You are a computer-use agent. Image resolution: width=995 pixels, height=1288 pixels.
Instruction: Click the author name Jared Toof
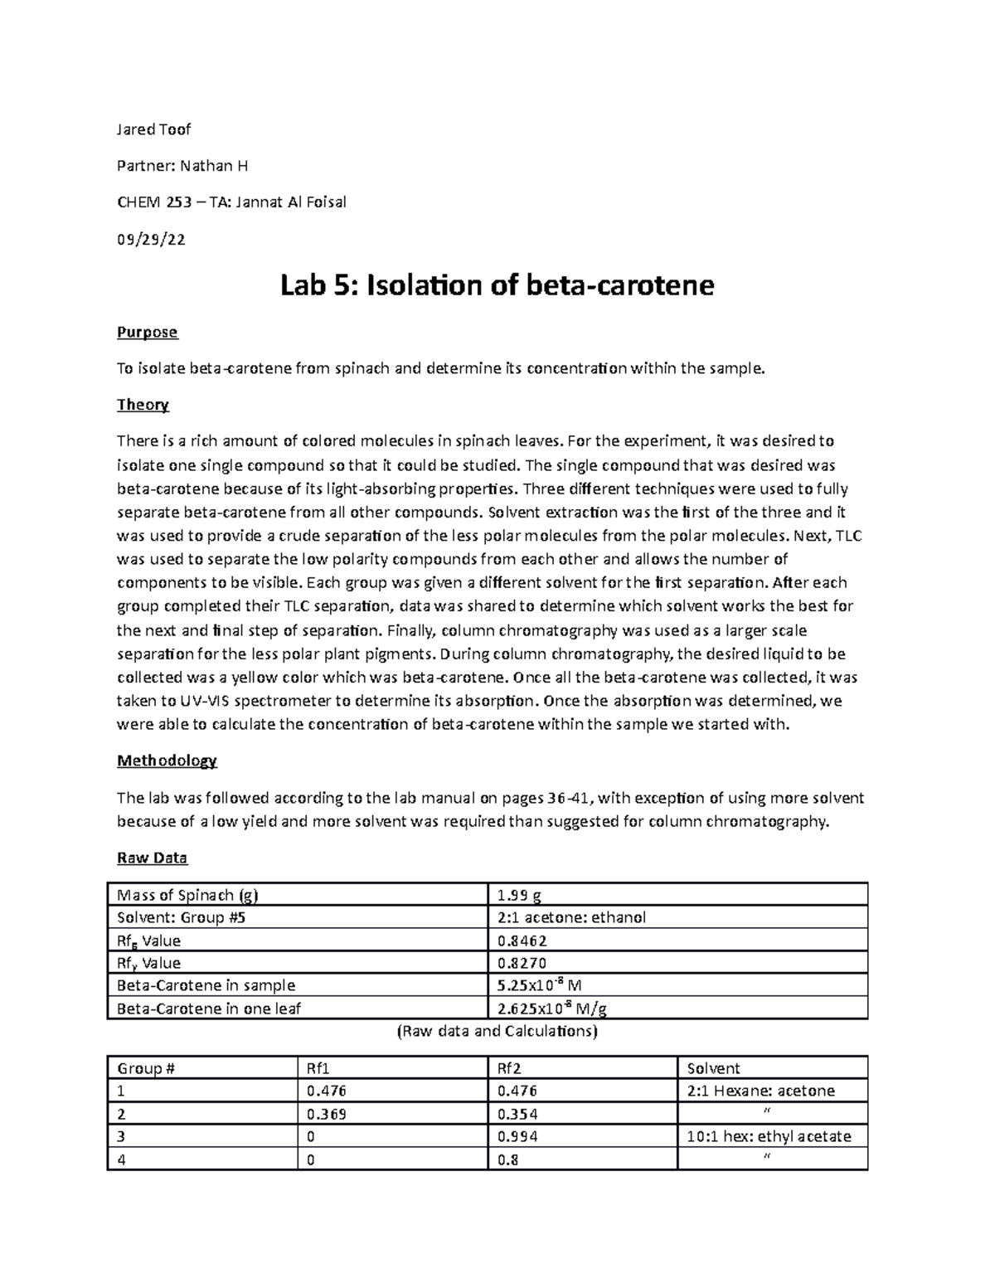153,129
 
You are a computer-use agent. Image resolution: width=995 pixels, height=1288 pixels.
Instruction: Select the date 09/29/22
151,240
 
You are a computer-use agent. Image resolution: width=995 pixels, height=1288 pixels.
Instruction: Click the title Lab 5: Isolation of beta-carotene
497,285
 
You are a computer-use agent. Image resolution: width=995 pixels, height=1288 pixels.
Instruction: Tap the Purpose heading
147,332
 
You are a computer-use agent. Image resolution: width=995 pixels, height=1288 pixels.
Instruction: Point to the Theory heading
143,405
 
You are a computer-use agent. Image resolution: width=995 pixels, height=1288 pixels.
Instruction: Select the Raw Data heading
152,858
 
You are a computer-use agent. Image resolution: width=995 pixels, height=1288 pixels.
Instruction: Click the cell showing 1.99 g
519,895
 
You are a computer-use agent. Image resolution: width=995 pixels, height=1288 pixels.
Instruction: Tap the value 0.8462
522,940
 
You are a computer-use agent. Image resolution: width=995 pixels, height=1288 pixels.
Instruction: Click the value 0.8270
522,963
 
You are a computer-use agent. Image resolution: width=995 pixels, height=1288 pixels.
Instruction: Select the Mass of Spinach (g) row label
182,895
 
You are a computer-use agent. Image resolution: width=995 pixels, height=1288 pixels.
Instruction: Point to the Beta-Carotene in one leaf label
209,1009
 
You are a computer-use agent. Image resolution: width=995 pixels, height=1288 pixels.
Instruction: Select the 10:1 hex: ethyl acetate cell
769,1136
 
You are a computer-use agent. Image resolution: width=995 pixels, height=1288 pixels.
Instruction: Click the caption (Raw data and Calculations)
497,1032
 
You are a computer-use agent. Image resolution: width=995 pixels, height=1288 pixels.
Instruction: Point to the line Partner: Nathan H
182,166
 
